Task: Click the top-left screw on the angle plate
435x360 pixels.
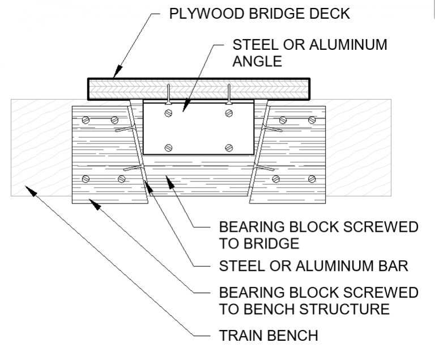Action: coord(168,114)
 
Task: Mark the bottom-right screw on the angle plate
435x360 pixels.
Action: coord(229,148)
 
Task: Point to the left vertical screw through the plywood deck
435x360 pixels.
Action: coord(168,94)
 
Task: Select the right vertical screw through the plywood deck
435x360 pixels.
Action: coord(229,94)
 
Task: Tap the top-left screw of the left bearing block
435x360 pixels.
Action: coord(86,120)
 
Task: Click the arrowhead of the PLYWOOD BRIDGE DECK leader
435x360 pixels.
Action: coord(115,75)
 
